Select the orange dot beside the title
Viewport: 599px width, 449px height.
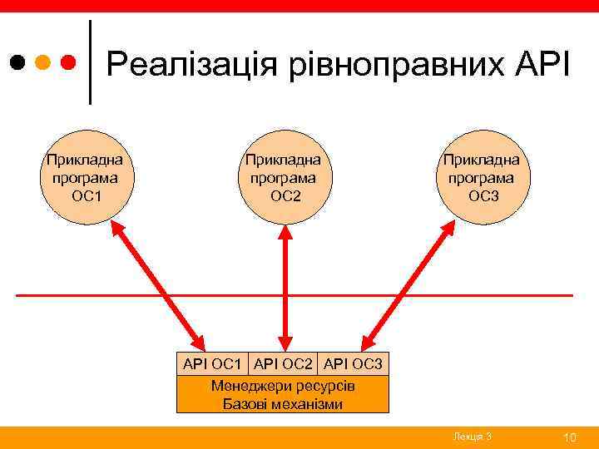(43, 62)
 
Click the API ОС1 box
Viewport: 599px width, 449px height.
(212, 363)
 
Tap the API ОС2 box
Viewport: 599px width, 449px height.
(283, 363)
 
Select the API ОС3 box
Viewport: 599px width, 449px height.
(353, 363)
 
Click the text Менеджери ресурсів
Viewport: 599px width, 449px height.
(283, 387)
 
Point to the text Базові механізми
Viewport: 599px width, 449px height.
(283, 404)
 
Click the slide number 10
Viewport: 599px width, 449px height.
(570, 437)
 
